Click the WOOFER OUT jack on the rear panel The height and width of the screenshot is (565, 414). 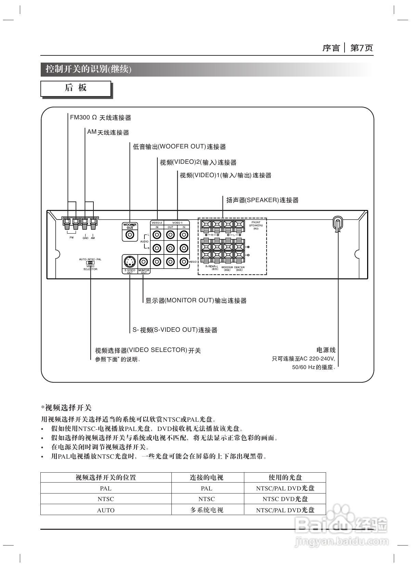pyautogui.click(x=130, y=235)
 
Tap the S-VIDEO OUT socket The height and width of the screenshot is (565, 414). pyautogui.click(x=130, y=262)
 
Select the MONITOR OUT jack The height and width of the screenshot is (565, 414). pyautogui.click(x=144, y=262)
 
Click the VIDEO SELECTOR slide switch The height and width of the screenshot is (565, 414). pyautogui.click(x=90, y=263)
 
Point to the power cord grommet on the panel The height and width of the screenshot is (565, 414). pyautogui.click(x=337, y=224)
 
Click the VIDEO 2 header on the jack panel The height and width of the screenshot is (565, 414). pyautogui.click(x=157, y=223)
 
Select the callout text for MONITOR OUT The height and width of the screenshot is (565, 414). pyautogui.click(x=196, y=301)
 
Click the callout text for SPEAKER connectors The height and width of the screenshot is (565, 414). pyautogui.click(x=262, y=200)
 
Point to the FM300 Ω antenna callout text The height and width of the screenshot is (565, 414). pyautogui.click(x=100, y=118)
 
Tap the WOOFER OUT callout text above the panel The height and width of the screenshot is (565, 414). pyautogui.click(x=179, y=147)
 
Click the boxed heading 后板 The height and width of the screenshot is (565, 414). pyautogui.click(x=76, y=88)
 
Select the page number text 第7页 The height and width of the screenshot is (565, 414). pyautogui.click(x=361, y=48)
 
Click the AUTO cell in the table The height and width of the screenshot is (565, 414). pyautogui.click(x=106, y=510)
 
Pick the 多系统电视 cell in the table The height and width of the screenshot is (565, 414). pyautogui.click(x=207, y=510)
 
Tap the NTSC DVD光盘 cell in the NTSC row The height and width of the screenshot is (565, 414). pyautogui.click(x=285, y=499)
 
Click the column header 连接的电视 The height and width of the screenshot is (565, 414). pyautogui.click(x=207, y=477)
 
